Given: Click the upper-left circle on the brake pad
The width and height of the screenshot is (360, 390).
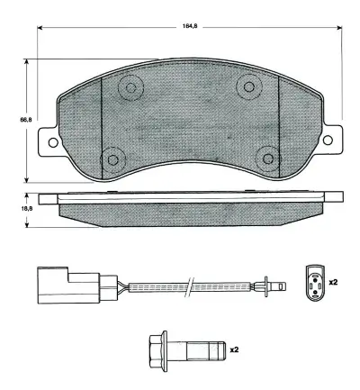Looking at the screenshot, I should coord(132,88).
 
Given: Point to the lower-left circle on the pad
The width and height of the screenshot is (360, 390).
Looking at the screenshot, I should coord(112,159).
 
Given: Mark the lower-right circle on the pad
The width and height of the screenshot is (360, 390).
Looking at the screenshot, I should coord(266,157).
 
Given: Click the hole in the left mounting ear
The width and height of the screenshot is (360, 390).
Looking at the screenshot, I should coord(52,142).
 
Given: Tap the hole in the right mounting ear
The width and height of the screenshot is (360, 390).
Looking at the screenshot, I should coord(328,141).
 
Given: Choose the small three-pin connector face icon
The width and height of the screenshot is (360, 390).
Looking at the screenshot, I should coord(312,281).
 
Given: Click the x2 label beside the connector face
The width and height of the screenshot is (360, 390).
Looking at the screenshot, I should coord(332,283).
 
